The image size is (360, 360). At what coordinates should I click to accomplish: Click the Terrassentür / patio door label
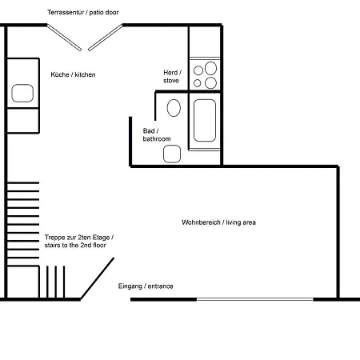pyautogui.click(x=83, y=12)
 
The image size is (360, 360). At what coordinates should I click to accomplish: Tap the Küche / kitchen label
pyautogui.click(x=73, y=74)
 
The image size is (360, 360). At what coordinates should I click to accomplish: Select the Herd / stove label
pyautogui.click(x=172, y=77)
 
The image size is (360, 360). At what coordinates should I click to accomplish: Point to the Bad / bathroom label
pyautogui.click(x=157, y=135)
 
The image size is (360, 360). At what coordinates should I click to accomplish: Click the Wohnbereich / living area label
pyautogui.click(x=218, y=222)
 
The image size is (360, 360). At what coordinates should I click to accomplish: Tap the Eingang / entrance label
pyautogui.click(x=146, y=286)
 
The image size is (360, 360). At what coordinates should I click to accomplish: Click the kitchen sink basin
pyautogui.click(x=22, y=93)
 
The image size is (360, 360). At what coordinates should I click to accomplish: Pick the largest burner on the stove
pyautogui.click(x=210, y=68)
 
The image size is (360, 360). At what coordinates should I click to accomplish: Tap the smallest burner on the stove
pyautogui.click(x=198, y=83)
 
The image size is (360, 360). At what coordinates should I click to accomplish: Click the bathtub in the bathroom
pyautogui.click(x=205, y=120)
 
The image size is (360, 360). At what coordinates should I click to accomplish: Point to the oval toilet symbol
pyautogui.click(x=174, y=108)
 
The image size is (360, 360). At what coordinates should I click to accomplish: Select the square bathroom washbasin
pyautogui.click(x=172, y=154)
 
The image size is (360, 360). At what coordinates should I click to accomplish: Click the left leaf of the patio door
pyautogui.click(x=64, y=38)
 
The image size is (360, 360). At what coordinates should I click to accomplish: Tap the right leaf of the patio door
pyautogui.click(x=106, y=38)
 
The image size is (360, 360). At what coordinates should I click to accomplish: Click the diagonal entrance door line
pyautogui.click(x=98, y=278)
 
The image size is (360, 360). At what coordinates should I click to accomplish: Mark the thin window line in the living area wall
pyautogui.click(x=255, y=299)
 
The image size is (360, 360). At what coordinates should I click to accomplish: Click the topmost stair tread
pyautogui.click(x=23, y=182)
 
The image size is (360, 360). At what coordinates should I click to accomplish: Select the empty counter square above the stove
pyautogui.click(x=205, y=42)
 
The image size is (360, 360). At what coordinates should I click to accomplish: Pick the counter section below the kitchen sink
pyautogui.click(x=23, y=120)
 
